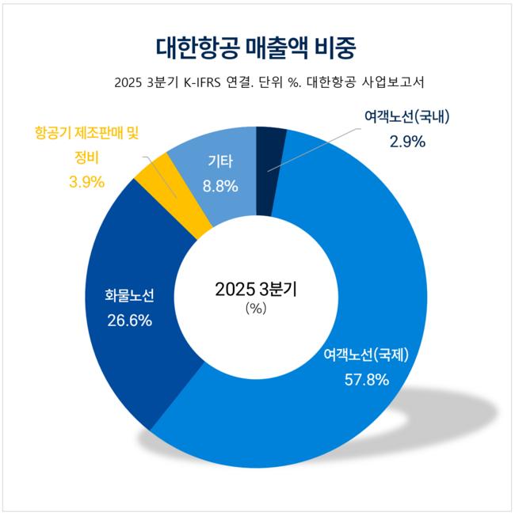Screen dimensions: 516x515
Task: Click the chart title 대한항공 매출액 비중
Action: pos(257,45)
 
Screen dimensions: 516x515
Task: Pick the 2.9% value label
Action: pos(407,142)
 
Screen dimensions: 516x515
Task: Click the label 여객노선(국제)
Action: pos(366,355)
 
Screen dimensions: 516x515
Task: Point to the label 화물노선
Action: pos(129,297)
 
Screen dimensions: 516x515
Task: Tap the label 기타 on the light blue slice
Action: pos(220,162)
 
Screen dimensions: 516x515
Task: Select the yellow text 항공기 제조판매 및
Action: pos(92,133)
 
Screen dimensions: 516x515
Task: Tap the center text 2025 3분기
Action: pos(255,290)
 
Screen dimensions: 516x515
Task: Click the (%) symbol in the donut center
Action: pos(255,309)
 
